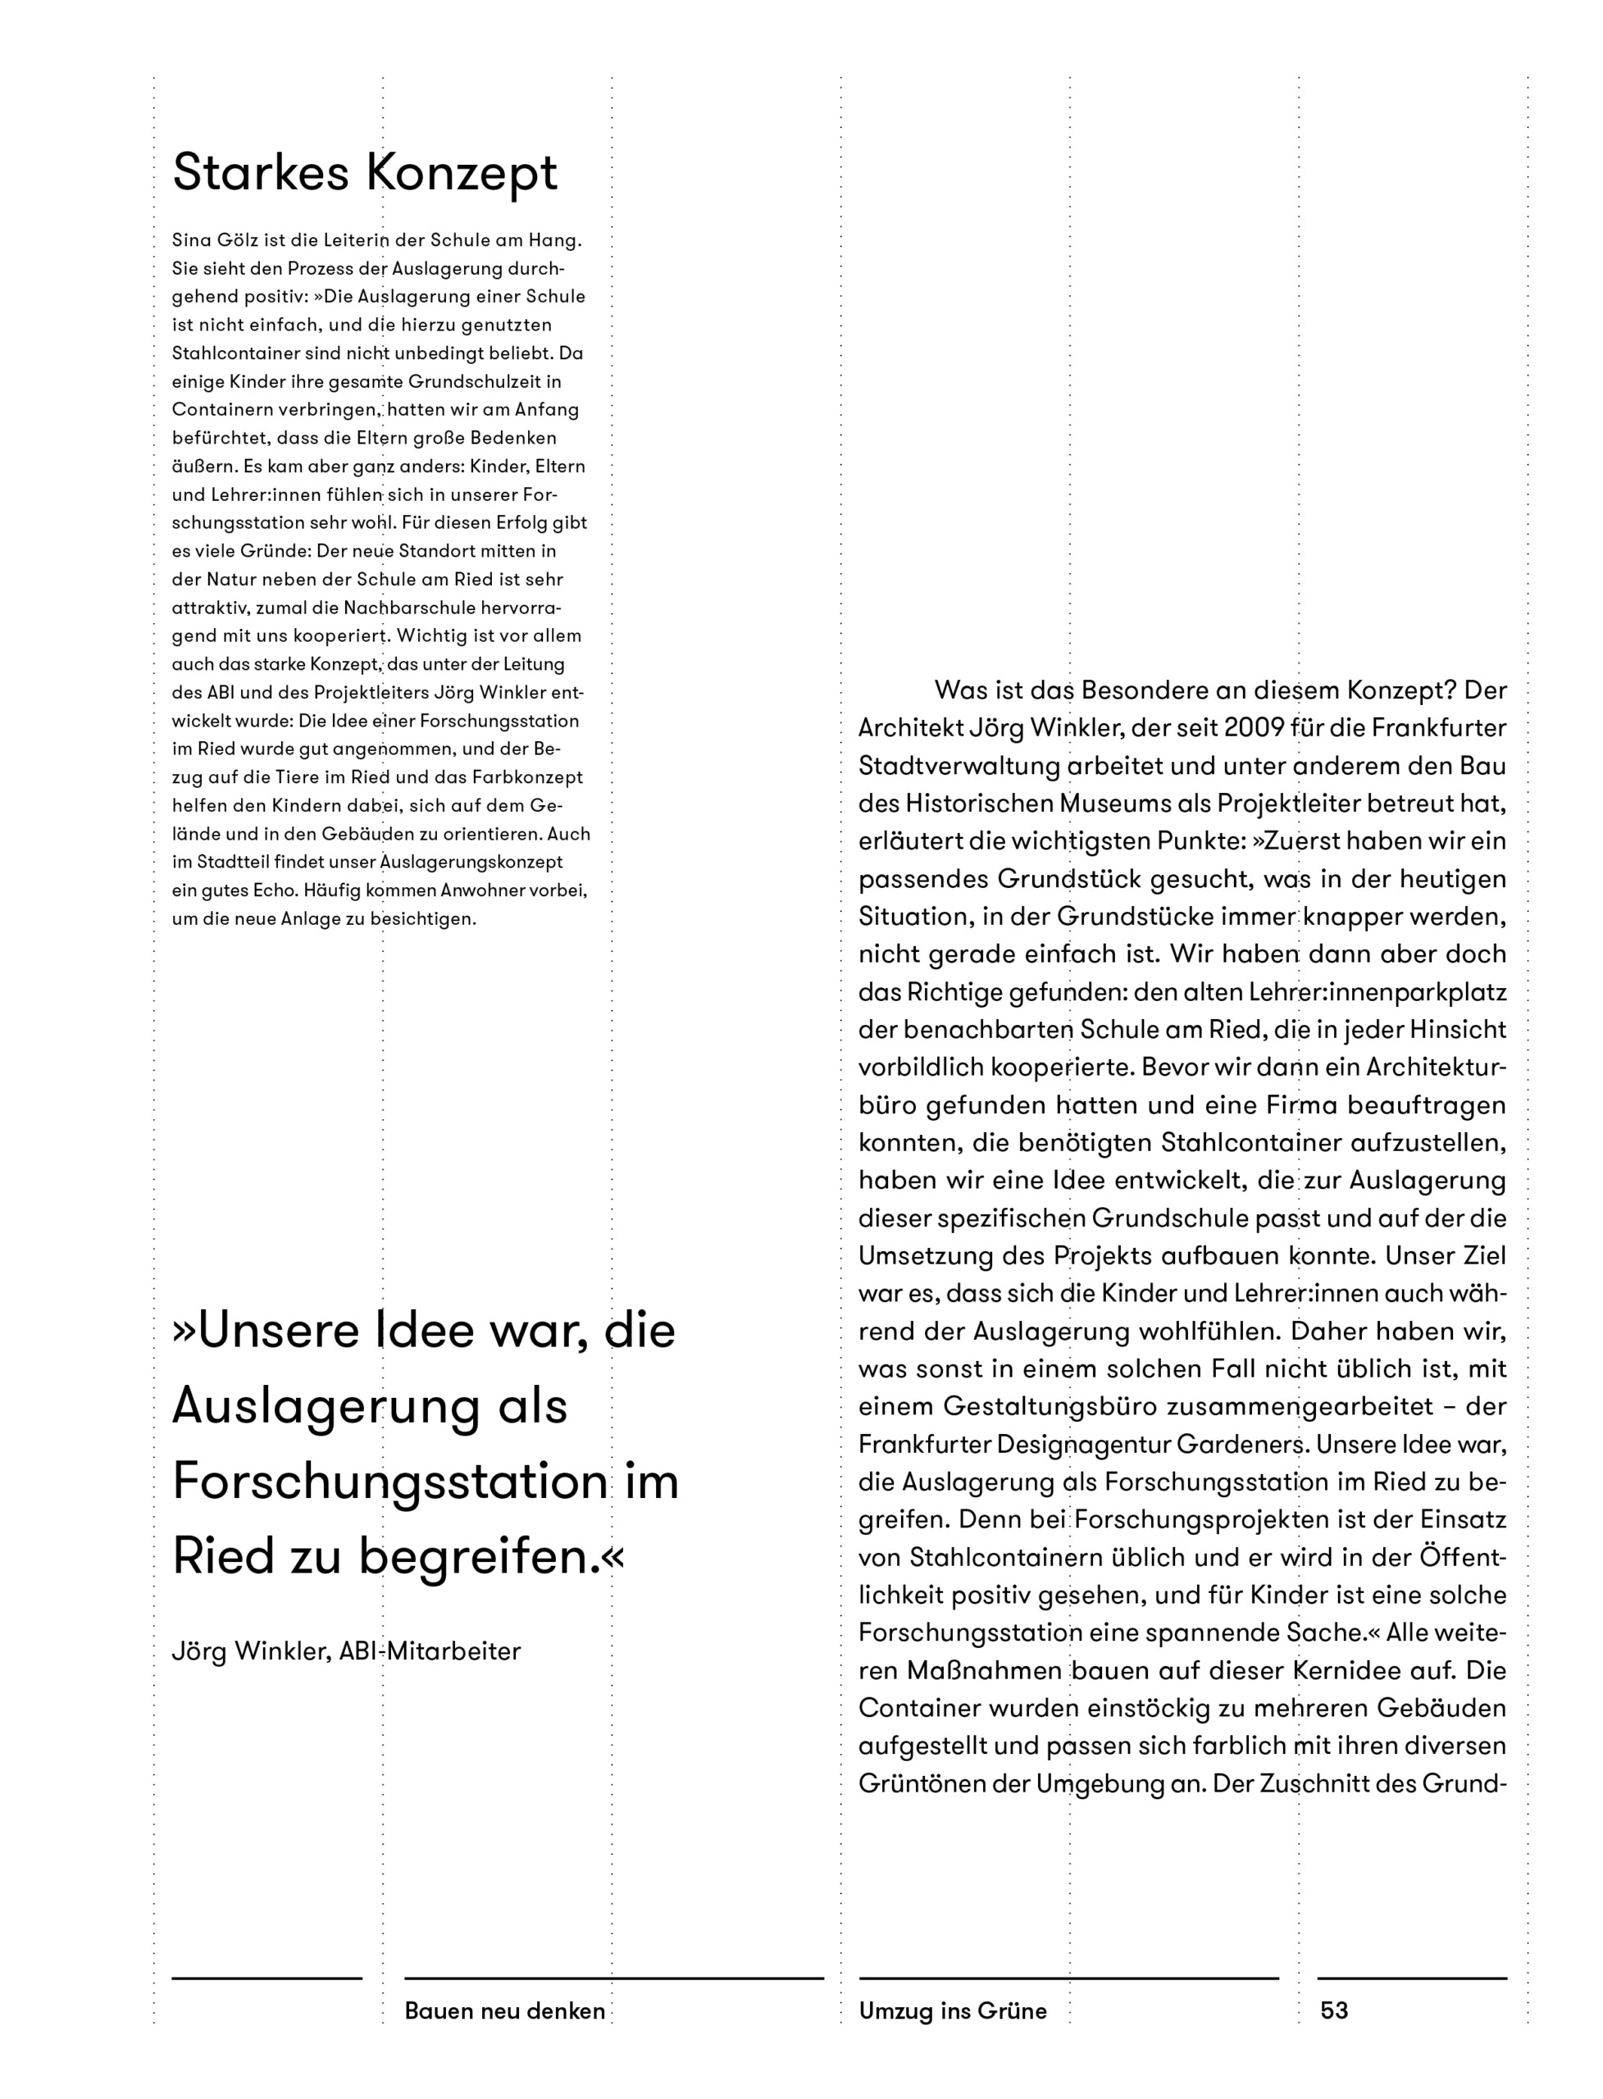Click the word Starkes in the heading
pyautogui.click(x=261, y=173)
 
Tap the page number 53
pyautogui.click(x=1334, y=2010)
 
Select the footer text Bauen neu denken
pyautogui.click(x=505, y=2010)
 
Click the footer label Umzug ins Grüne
pyautogui.click(x=952, y=2010)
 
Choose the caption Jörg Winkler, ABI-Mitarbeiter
pyautogui.click(x=346, y=1651)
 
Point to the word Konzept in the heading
pyautogui.click(x=461, y=173)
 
